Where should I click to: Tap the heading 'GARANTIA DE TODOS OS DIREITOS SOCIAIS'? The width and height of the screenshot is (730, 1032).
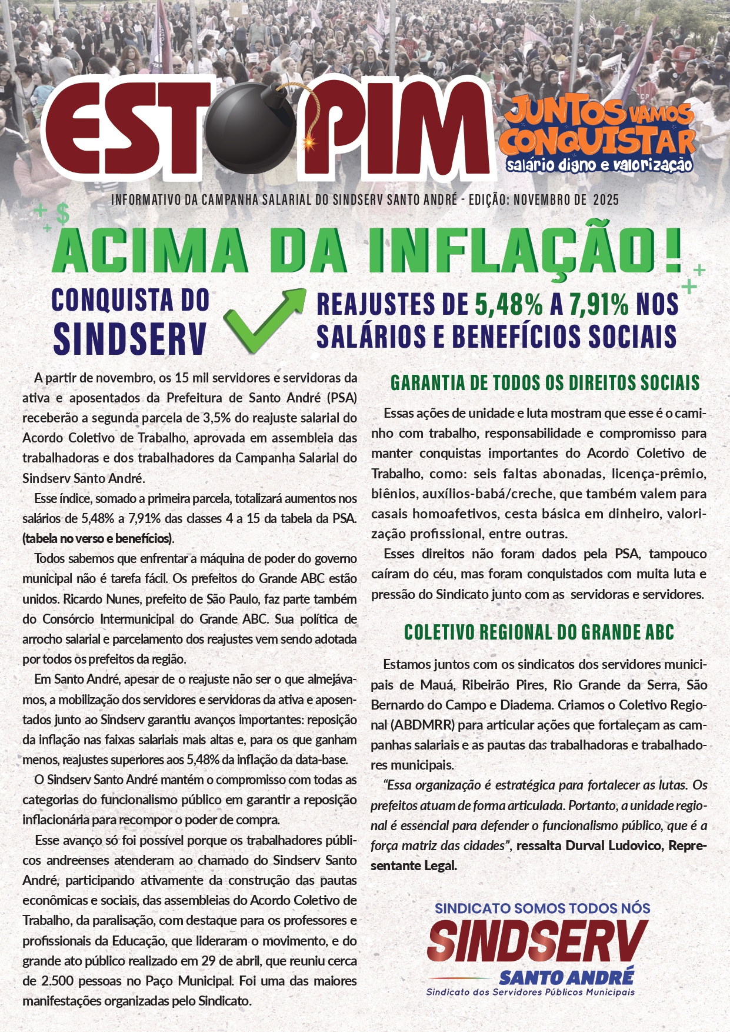click(545, 383)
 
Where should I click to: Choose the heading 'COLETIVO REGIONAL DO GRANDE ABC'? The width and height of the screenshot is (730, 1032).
click(539, 632)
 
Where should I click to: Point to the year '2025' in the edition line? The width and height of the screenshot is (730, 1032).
click(606, 200)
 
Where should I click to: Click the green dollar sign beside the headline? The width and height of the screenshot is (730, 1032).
click(63, 214)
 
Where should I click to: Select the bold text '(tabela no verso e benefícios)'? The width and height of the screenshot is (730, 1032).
click(98, 538)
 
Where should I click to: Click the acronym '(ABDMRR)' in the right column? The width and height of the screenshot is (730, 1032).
click(405, 725)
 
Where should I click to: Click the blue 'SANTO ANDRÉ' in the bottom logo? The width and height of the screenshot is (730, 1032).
click(566, 978)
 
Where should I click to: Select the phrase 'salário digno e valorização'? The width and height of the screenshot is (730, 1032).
click(599, 165)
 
